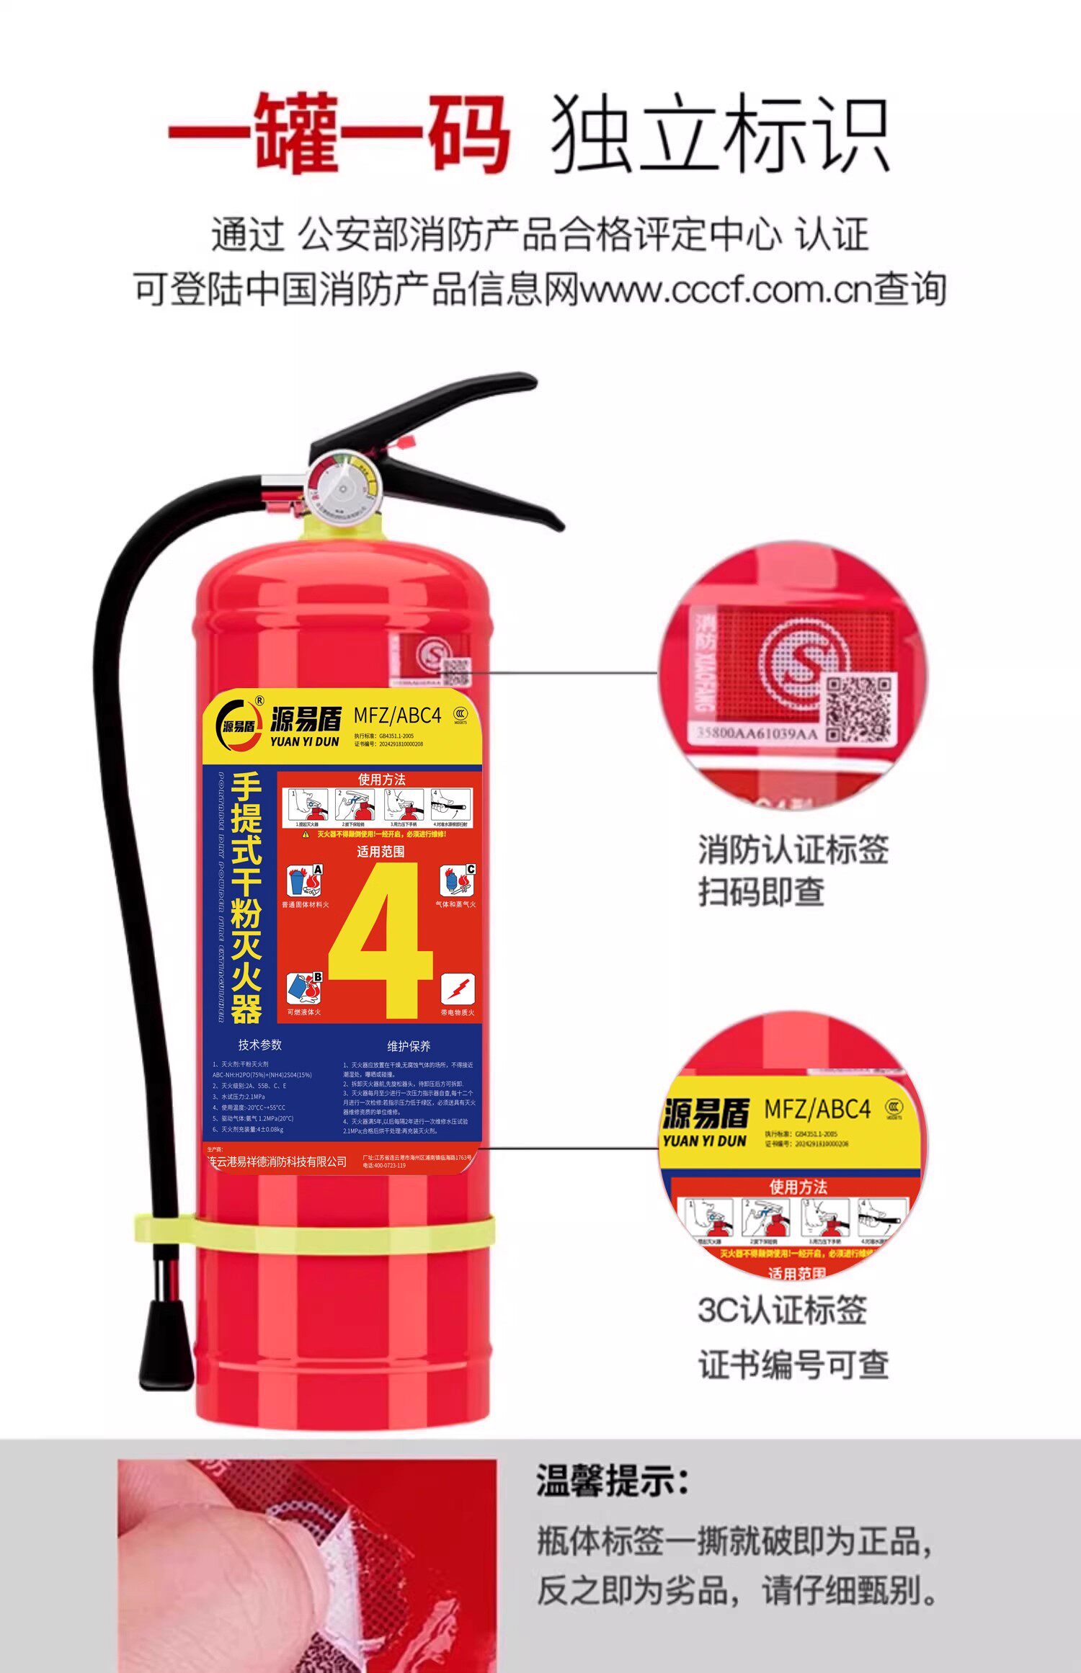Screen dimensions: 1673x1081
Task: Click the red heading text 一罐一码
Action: click(339, 133)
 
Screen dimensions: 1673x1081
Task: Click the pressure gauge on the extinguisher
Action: click(342, 487)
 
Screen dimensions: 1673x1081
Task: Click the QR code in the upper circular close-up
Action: click(859, 708)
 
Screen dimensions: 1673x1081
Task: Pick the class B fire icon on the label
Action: click(304, 989)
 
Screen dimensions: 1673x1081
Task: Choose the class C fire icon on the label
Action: click(458, 880)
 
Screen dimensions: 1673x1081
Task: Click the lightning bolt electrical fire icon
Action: click(458, 989)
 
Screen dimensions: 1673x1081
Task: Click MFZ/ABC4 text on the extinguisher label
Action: click(397, 715)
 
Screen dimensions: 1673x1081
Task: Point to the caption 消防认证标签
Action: click(793, 849)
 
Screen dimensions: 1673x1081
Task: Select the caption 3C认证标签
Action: click(782, 1310)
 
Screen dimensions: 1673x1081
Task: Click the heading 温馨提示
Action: click(612, 1482)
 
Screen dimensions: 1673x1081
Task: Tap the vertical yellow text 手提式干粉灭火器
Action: click(246, 898)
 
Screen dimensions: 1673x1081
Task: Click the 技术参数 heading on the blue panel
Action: click(260, 1045)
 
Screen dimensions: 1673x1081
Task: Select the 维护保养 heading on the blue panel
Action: click(409, 1046)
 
